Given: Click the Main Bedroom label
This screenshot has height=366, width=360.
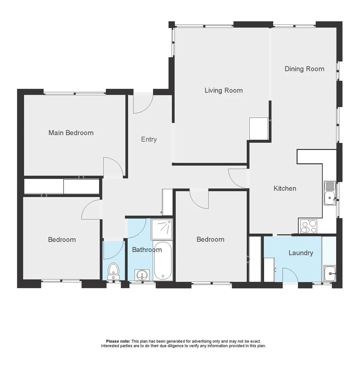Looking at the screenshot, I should tap(71, 133).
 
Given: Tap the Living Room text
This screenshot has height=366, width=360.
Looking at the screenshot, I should tap(224, 90).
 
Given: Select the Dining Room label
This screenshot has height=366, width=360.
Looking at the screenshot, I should tap(304, 69).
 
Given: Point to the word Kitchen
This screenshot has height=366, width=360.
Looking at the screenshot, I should tap(285, 188).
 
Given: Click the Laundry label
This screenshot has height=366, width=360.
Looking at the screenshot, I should tap(301, 253).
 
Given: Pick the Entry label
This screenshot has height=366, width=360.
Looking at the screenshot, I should tap(149, 139).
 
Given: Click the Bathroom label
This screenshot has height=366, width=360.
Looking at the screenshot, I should tap(147, 250).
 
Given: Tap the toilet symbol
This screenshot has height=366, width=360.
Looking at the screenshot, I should tap(113, 271).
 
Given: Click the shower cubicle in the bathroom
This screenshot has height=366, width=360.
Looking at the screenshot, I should tap(162, 229).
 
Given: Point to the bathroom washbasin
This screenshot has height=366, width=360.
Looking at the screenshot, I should tap(141, 275).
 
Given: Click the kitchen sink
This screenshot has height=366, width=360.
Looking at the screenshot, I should tap(329, 194).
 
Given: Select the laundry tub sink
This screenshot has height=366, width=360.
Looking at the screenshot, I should tap(329, 273).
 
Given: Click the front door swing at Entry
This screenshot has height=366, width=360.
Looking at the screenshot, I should tap(143, 103).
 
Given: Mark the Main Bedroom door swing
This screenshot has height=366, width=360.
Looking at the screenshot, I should tap(113, 167).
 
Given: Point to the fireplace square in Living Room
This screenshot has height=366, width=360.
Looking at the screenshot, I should tap(259, 129).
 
